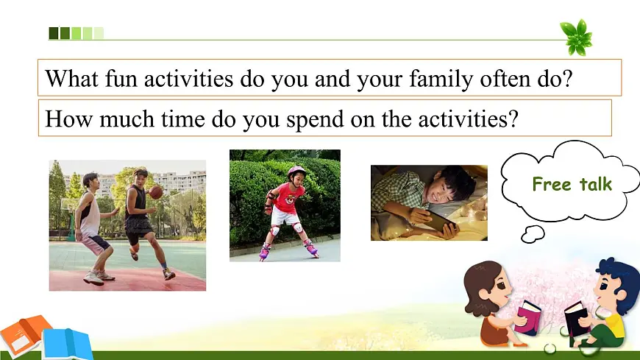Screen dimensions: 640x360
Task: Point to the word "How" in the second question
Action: tap(68, 119)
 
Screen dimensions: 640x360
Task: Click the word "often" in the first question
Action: tap(505, 78)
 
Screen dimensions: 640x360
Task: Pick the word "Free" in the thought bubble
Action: tap(552, 184)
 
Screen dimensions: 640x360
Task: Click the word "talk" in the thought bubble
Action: tap(596, 184)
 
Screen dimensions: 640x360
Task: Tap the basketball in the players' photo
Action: tap(155, 192)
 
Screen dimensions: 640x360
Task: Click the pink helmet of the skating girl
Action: tap(296, 172)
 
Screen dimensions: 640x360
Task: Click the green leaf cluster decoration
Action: tap(576, 38)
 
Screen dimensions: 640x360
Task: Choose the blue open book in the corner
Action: tap(68, 344)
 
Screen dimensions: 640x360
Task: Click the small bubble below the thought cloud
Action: tap(533, 234)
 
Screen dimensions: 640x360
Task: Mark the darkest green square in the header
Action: tap(54, 33)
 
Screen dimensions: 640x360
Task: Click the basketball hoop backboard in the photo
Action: tap(68, 204)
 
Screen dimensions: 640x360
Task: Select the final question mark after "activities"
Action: tap(513, 119)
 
